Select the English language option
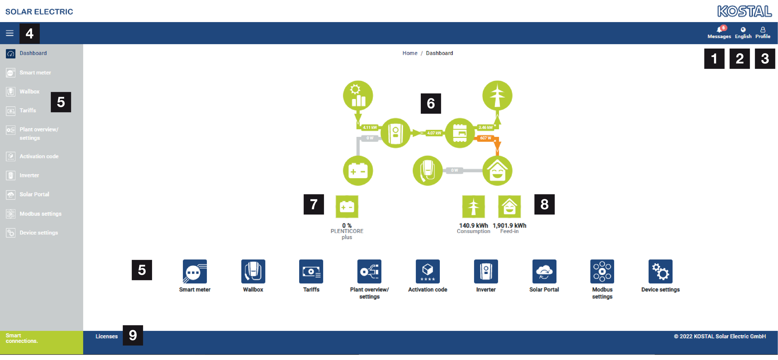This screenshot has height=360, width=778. coord(743,33)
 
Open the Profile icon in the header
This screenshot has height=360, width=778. coord(763,33)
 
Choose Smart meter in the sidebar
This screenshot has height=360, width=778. coord(35,73)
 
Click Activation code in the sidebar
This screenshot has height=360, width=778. coord(39,156)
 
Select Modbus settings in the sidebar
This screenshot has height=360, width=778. coord(41,214)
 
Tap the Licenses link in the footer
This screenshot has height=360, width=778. coord(107,336)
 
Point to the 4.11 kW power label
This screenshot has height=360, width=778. coord(370,127)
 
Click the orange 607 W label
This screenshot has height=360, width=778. coord(485,138)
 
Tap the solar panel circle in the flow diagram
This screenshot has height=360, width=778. coord(358,95)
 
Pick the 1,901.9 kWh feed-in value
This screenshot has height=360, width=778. coord(509,225)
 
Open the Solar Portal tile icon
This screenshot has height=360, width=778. coord(544,271)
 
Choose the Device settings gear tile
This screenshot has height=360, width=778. coord(660,271)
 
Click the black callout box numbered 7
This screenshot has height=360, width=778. coord(313,204)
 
